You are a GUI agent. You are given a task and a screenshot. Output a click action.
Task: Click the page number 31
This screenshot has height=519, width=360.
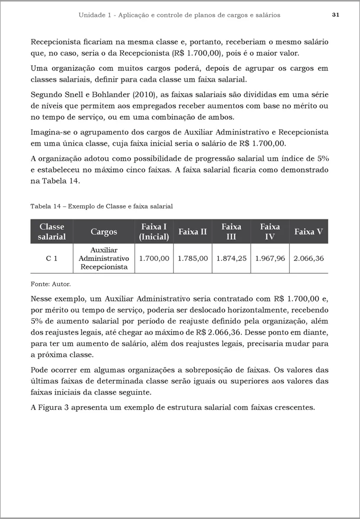[335, 15]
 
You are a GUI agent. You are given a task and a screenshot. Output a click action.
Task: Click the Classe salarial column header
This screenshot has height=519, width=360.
[52, 231]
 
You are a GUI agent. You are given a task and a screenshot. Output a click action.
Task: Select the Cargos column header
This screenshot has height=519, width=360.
[104, 232]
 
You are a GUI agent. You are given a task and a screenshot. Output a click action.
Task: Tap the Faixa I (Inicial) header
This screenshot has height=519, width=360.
[154, 231]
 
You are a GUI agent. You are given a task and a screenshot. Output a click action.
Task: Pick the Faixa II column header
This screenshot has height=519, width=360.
[193, 232]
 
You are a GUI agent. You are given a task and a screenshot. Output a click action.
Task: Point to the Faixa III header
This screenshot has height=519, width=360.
[231, 231]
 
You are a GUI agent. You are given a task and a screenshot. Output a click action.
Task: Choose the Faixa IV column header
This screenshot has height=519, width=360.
[270, 231]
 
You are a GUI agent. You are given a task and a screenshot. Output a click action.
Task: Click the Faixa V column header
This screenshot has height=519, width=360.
[309, 232]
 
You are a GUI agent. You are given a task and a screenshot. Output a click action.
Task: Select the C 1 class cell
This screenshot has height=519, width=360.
[52, 258]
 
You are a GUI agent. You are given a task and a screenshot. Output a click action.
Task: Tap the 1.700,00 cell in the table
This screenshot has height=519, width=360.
[154, 258]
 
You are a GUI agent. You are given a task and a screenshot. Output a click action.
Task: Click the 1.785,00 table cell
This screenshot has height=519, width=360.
[193, 258]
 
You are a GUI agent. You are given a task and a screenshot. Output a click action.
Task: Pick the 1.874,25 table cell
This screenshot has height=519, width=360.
[231, 258]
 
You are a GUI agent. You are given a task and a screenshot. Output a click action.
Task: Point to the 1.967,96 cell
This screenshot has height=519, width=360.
[270, 258]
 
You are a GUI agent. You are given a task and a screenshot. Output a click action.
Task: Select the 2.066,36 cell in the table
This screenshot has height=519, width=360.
[309, 258]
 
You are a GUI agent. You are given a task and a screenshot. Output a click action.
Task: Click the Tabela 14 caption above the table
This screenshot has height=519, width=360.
[102, 206]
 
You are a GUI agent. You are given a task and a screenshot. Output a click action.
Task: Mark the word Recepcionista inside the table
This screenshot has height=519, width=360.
[104, 267]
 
